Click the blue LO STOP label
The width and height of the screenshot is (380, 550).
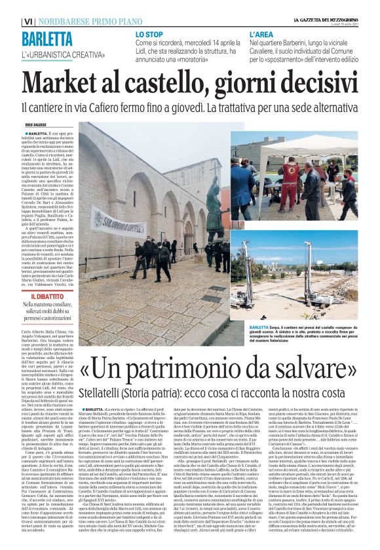tap(149, 33)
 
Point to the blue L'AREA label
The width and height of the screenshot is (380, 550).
tap(259, 33)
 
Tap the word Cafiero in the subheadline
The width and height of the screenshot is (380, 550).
tap(158, 107)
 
